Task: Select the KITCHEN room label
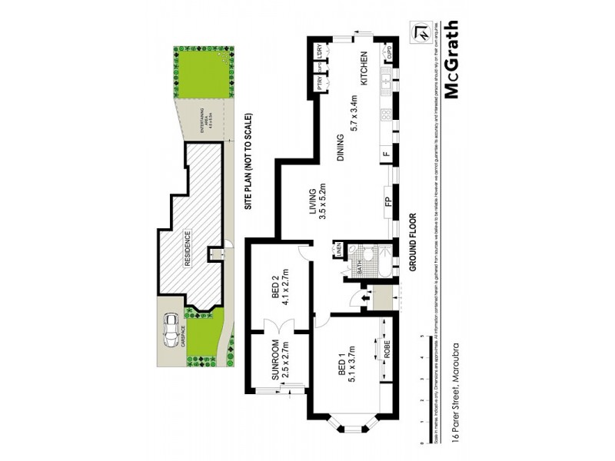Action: (367, 68)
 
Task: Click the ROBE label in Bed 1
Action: (387, 353)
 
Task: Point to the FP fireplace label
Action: (389, 204)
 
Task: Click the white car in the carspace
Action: (170, 331)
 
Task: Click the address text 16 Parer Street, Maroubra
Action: (455, 391)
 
